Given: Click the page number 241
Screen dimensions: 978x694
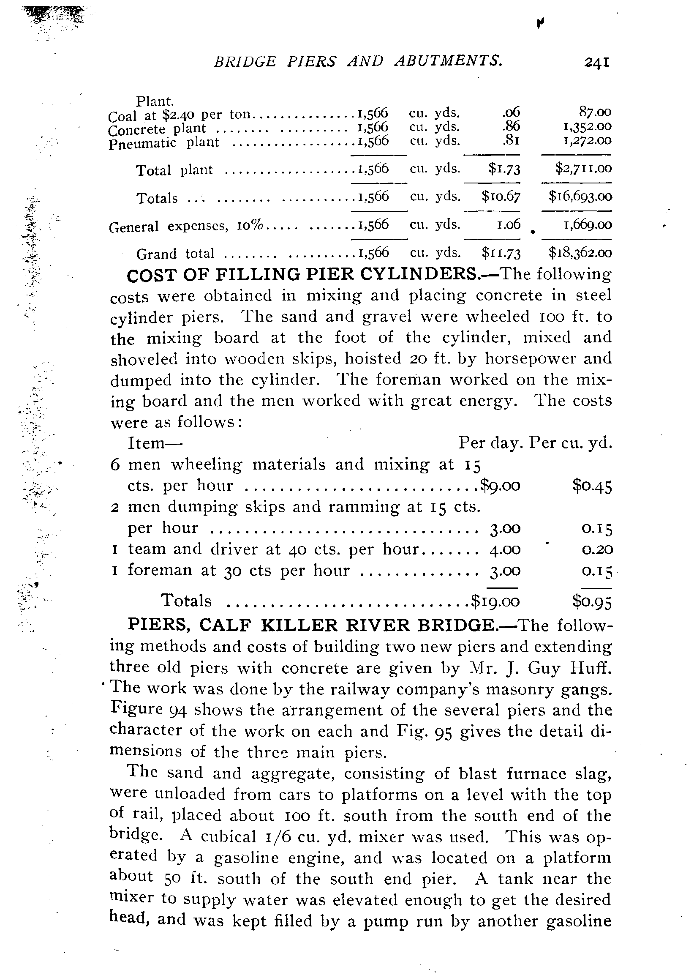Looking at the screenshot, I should tap(596, 63).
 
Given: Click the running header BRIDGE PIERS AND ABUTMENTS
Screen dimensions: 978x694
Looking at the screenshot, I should tap(358, 62).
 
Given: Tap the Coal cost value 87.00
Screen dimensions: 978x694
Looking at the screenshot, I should tap(595, 112).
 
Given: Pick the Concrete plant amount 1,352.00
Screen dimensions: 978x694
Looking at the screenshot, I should tap(588, 126).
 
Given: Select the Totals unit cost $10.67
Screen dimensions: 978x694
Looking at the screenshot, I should tap(501, 197).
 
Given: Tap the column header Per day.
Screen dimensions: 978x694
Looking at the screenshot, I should tap(491, 443).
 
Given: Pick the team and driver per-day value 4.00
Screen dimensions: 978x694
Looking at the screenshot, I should tap(505, 549).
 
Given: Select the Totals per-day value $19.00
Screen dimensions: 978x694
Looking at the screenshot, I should tap(495, 601).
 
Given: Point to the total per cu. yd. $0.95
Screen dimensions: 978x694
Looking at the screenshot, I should tap(592, 601).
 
